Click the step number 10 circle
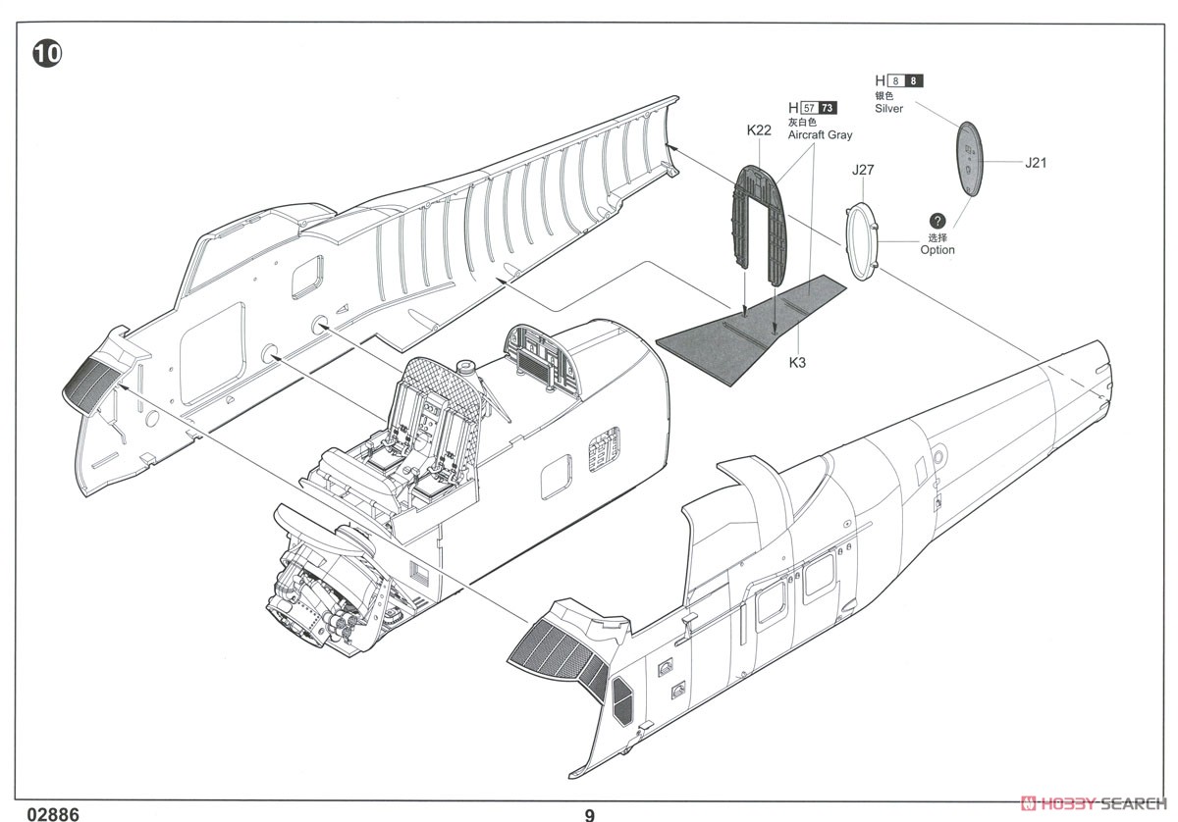pyautogui.click(x=47, y=54)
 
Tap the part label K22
pyautogui.click(x=759, y=130)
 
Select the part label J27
pyautogui.click(x=863, y=170)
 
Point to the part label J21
pyautogui.click(x=1036, y=163)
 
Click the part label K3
pyautogui.click(x=797, y=362)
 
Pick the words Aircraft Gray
pyautogui.click(x=820, y=135)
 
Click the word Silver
pyautogui.click(x=888, y=108)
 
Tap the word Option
pyautogui.click(x=937, y=250)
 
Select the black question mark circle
pyautogui.click(x=937, y=221)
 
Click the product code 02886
pyautogui.click(x=53, y=814)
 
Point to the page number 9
pyautogui.click(x=590, y=815)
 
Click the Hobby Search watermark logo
pyautogui.click(x=1094, y=803)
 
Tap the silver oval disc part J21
pyautogui.click(x=969, y=159)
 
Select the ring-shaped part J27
pyautogui.click(x=862, y=241)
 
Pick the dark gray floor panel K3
pyautogui.click(x=752, y=332)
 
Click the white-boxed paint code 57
pyautogui.click(x=809, y=108)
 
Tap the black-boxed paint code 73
pyautogui.click(x=827, y=108)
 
